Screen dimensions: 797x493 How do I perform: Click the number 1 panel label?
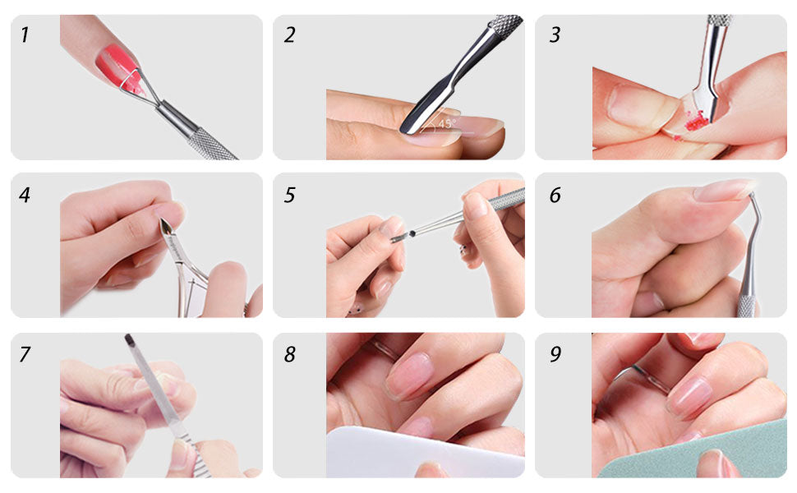point(24,35)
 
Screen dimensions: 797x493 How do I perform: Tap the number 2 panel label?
point(289,35)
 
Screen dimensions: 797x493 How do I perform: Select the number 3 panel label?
point(555,35)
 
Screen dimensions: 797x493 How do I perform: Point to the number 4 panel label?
point(25,195)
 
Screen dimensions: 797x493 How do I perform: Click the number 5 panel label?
point(289,195)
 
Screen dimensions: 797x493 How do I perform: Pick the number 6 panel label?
point(555,195)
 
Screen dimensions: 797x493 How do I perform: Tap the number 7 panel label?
point(25,354)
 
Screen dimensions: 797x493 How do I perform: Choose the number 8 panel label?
point(289,354)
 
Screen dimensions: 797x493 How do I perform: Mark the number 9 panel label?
point(555,354)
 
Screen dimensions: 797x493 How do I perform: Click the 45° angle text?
point(447,123)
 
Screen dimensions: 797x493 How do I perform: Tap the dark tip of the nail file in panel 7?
point(129,339)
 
